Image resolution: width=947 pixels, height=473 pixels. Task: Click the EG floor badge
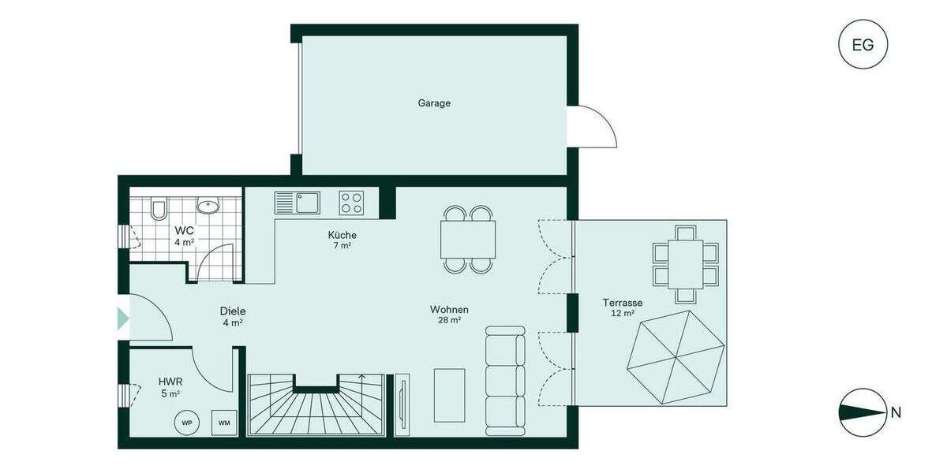pos(863,44)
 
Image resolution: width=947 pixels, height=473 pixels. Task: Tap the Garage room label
pos(434,102)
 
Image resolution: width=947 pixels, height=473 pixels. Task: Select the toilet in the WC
pos(158,208)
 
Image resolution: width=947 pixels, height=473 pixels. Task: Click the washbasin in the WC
pos(208,207)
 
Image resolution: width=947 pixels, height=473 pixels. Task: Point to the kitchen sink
pos(297,203)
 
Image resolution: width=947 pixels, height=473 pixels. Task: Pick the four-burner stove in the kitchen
pos(352,203)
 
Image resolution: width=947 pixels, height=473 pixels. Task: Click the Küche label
pos(342,235)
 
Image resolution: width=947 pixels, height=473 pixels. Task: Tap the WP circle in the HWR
pos(187,423)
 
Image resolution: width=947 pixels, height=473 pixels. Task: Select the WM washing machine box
pos(225,423)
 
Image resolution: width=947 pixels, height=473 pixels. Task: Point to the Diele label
pos(232,311)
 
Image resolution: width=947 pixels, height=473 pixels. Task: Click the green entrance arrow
pos(122,318)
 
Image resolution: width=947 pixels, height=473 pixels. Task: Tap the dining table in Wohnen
pos(469,239)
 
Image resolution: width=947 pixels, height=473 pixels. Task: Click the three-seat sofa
pos(505,380)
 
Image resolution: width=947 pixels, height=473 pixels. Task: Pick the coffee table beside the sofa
pos(449,394)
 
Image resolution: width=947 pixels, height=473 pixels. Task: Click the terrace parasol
pos(676,358)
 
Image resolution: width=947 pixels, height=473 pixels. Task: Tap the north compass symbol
pos(863,412)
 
